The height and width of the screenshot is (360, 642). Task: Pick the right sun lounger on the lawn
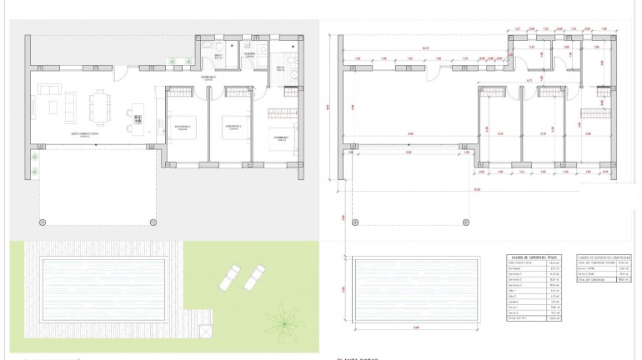pos(255,276)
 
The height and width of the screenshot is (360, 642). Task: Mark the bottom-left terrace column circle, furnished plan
pos(43,222)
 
